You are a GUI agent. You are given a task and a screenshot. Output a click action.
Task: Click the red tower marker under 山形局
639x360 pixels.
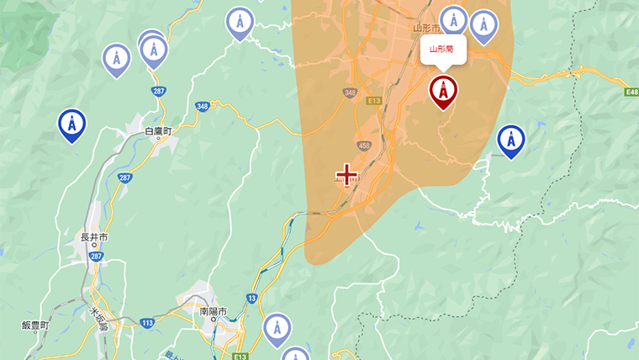click(443, 91)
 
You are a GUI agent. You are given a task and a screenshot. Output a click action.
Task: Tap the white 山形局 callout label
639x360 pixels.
click(442, 49)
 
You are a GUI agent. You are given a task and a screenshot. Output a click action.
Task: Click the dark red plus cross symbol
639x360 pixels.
click(346, 175)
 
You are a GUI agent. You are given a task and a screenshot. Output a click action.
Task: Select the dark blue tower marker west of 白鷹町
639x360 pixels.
click(72, 124)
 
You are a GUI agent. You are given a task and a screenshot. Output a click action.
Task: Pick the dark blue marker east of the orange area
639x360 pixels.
click(510, 140)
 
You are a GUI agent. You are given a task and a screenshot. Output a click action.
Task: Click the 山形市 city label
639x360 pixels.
click(428, 28)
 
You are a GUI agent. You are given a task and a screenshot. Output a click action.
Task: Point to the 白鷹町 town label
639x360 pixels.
click(157, 132)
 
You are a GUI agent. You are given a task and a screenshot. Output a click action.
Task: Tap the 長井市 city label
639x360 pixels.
click(93, 238)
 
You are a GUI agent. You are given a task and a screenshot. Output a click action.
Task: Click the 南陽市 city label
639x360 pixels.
click(214, 311)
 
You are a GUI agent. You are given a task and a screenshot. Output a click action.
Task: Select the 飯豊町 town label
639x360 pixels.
click(35, 326)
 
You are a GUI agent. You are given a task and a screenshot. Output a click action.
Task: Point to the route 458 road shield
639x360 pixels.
click(364, 146)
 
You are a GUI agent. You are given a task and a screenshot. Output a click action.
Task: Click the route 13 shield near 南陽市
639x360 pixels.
click(251, 299)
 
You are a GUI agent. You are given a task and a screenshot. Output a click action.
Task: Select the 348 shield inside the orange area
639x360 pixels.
click(348, 92)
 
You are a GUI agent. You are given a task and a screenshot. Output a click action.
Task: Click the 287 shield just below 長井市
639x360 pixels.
click(95, 256)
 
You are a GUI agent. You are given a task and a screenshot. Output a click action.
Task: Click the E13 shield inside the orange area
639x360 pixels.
click(375, 101)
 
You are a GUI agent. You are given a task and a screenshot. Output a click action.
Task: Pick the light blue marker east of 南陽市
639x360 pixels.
click(277, 328)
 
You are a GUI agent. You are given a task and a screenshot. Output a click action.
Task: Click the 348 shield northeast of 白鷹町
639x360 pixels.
click(202, 106)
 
